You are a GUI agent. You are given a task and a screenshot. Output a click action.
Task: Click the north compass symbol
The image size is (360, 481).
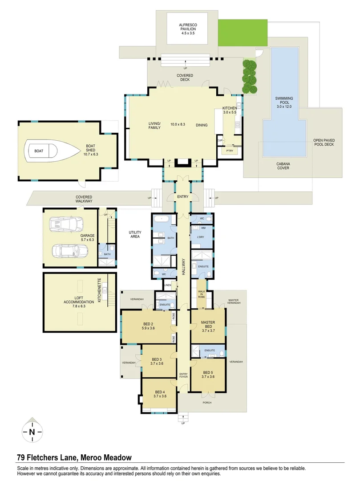point(32,431)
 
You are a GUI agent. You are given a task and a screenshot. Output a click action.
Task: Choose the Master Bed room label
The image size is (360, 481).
point(208,325)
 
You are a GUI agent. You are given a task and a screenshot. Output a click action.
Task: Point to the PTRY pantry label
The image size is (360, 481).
point(230,151)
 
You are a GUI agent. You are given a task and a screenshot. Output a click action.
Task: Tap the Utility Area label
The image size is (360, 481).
point(135,234)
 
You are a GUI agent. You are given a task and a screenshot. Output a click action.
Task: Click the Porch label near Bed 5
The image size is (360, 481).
point(207,403)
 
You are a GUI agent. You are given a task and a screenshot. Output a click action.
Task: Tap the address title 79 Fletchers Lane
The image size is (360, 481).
point(74,457)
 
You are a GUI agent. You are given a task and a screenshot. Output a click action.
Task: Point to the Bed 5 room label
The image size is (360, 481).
point(208,375)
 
